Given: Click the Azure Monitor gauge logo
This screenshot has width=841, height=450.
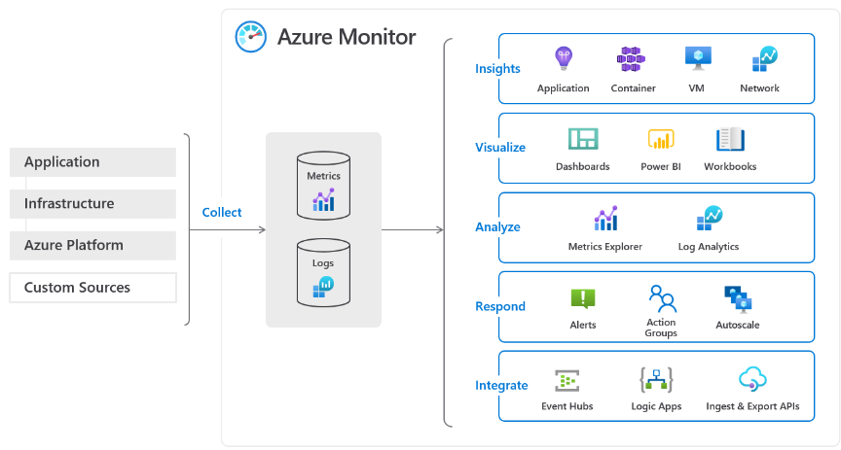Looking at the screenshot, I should pos(250,36).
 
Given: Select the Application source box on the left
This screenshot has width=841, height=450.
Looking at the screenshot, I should pos(92,162).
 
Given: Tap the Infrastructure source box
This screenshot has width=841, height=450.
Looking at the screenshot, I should pos(92,204).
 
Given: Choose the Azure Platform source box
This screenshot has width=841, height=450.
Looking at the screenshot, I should pos(92,246).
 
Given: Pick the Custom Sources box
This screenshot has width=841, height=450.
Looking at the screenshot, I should pos(92,288).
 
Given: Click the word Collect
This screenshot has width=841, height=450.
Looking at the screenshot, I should pos(222,213).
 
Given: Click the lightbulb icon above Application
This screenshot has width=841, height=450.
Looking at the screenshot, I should pos(563,59).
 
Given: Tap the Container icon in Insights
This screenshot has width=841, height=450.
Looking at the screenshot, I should pos(632,59).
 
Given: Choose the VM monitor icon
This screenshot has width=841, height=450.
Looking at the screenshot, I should pos(696,59).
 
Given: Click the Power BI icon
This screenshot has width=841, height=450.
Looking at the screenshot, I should pos(661,139).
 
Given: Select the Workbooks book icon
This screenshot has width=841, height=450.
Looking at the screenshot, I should pos(730,139).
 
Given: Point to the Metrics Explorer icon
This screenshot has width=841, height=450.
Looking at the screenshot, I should pos(605,219).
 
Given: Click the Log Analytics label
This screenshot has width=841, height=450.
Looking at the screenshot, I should pos(708,247).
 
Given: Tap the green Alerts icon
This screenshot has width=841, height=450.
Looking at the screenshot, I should pos(582,298).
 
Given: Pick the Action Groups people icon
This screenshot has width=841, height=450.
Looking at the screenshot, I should pos(661,296).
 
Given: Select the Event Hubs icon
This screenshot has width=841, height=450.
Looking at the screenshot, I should pos(567,380).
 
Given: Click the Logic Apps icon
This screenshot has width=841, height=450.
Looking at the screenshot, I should pos(656,379).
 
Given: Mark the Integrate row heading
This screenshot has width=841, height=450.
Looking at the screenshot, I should pos(501,386).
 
